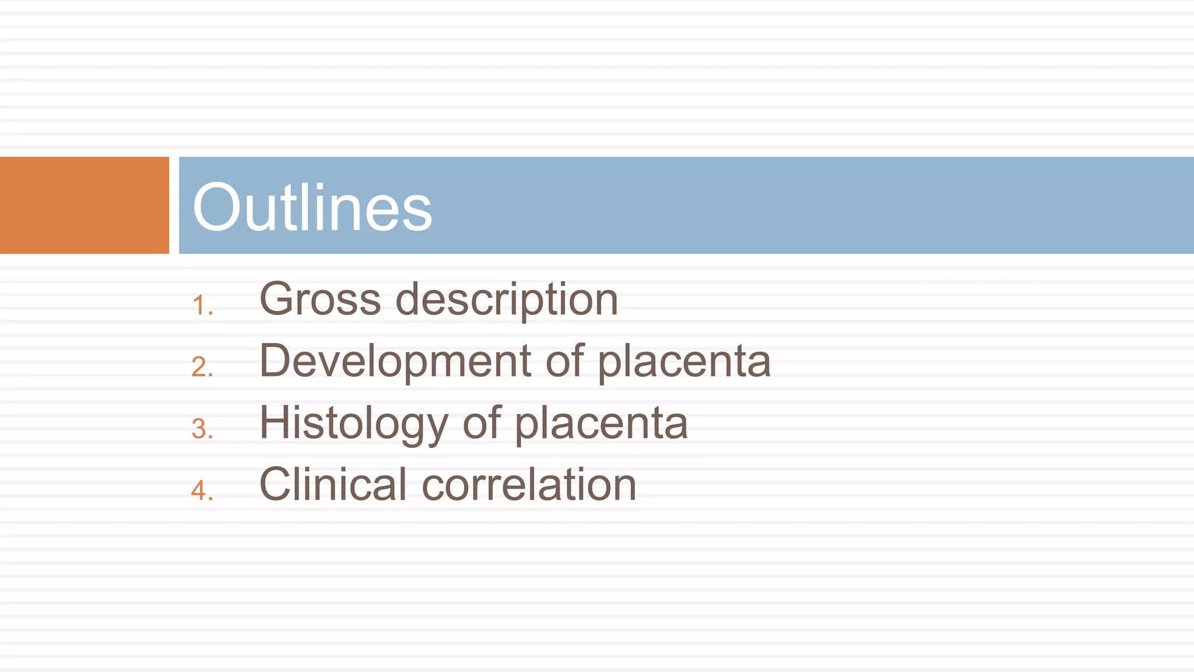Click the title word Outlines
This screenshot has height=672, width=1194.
(312, 207)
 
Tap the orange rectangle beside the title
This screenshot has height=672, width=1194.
(84, 205)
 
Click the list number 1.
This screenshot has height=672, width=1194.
(201, 306)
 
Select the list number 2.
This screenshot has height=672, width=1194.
(202, 367)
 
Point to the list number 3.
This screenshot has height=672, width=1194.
(202, 429)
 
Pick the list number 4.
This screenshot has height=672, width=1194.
(202, 490)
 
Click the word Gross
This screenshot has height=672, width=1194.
(320, 299)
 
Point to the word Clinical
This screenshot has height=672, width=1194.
(333, 484)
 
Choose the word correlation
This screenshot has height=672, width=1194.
(529, 485)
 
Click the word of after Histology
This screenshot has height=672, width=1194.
(482, 423)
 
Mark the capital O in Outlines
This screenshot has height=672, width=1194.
(217, 207)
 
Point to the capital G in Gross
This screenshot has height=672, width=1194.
(276, 299)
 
